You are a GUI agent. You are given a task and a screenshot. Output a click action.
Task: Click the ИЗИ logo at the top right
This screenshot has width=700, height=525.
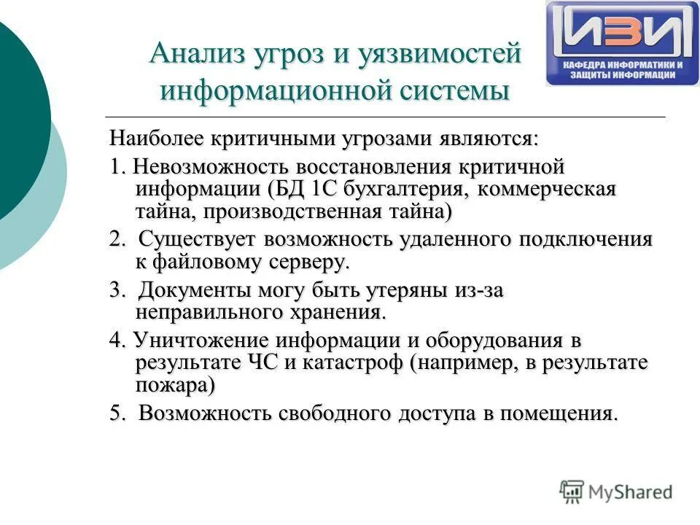tap(622, 43)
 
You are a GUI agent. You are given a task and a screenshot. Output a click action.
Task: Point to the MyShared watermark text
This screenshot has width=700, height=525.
tap(630, 491)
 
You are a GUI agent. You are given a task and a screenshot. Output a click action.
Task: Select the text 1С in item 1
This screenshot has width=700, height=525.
tap(324, 190)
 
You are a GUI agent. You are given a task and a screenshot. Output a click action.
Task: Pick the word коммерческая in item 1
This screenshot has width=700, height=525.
tap(545, 190)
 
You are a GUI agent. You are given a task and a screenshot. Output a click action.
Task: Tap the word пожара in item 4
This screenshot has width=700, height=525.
tap(173, 385)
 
